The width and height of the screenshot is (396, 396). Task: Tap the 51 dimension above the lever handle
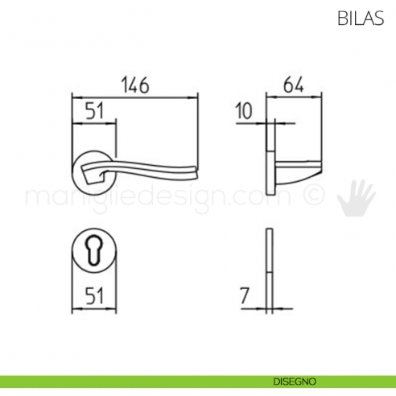click(x=95, y=113)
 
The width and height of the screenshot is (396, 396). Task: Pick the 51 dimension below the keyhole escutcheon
click(x=95, y=295)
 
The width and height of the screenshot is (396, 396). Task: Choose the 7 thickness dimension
click(x=245, y=295)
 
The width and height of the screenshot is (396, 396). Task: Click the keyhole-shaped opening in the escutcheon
click(x=95, y=252)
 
